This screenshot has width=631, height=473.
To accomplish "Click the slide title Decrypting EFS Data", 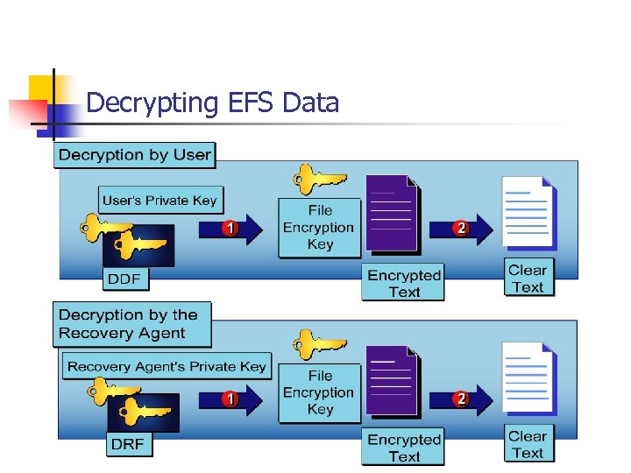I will [x=212, y=103].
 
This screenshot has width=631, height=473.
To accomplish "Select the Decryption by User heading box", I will [x=134, y=155].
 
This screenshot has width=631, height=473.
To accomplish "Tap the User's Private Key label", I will [x=160, y=201].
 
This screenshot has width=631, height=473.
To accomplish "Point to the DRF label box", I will [x=127, y=444].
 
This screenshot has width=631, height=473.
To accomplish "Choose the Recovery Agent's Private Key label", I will [x=167, y=366].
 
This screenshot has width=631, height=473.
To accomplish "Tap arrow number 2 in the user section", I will [x=461, y=229].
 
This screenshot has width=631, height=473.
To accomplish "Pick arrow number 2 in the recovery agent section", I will [x=461, y=399].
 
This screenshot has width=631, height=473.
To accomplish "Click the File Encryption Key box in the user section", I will [x=319, y=228].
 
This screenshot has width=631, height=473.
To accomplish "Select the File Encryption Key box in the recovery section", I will [x=319, y=393].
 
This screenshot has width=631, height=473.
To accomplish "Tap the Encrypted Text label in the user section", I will [x=403, y=284].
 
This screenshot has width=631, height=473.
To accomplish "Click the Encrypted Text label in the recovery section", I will [x=403, y=448].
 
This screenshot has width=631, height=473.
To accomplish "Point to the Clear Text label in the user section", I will [x=528, y=279].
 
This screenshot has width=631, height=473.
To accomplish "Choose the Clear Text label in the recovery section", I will [x=528, y=444].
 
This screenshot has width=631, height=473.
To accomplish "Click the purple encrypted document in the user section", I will [x=391, y=214].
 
